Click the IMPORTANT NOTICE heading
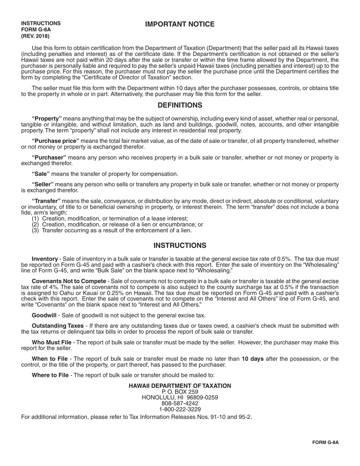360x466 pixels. (x=180, y=25)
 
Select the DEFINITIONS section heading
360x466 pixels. (x=180, y=105)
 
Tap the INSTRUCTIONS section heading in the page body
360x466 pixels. (x=180, y=246)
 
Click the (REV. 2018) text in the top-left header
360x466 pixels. (x=35, y=36)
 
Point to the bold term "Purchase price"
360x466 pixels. (x=55, y=141)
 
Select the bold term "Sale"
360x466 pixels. (x=41, y=174)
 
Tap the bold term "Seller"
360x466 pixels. (x=42, y=184)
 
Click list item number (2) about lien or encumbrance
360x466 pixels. (x=117, y=224)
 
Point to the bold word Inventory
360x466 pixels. (x=45, y=258)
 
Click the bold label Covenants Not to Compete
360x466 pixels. (x=69, y=281)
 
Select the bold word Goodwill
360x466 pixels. (x=44, y=315)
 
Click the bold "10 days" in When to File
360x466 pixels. (x=252, y=359)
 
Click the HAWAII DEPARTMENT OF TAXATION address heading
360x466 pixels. (x=180, y=386)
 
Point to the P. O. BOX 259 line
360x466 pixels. (x=180, y=392)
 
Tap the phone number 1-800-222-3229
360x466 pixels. (x=180, y=409)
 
